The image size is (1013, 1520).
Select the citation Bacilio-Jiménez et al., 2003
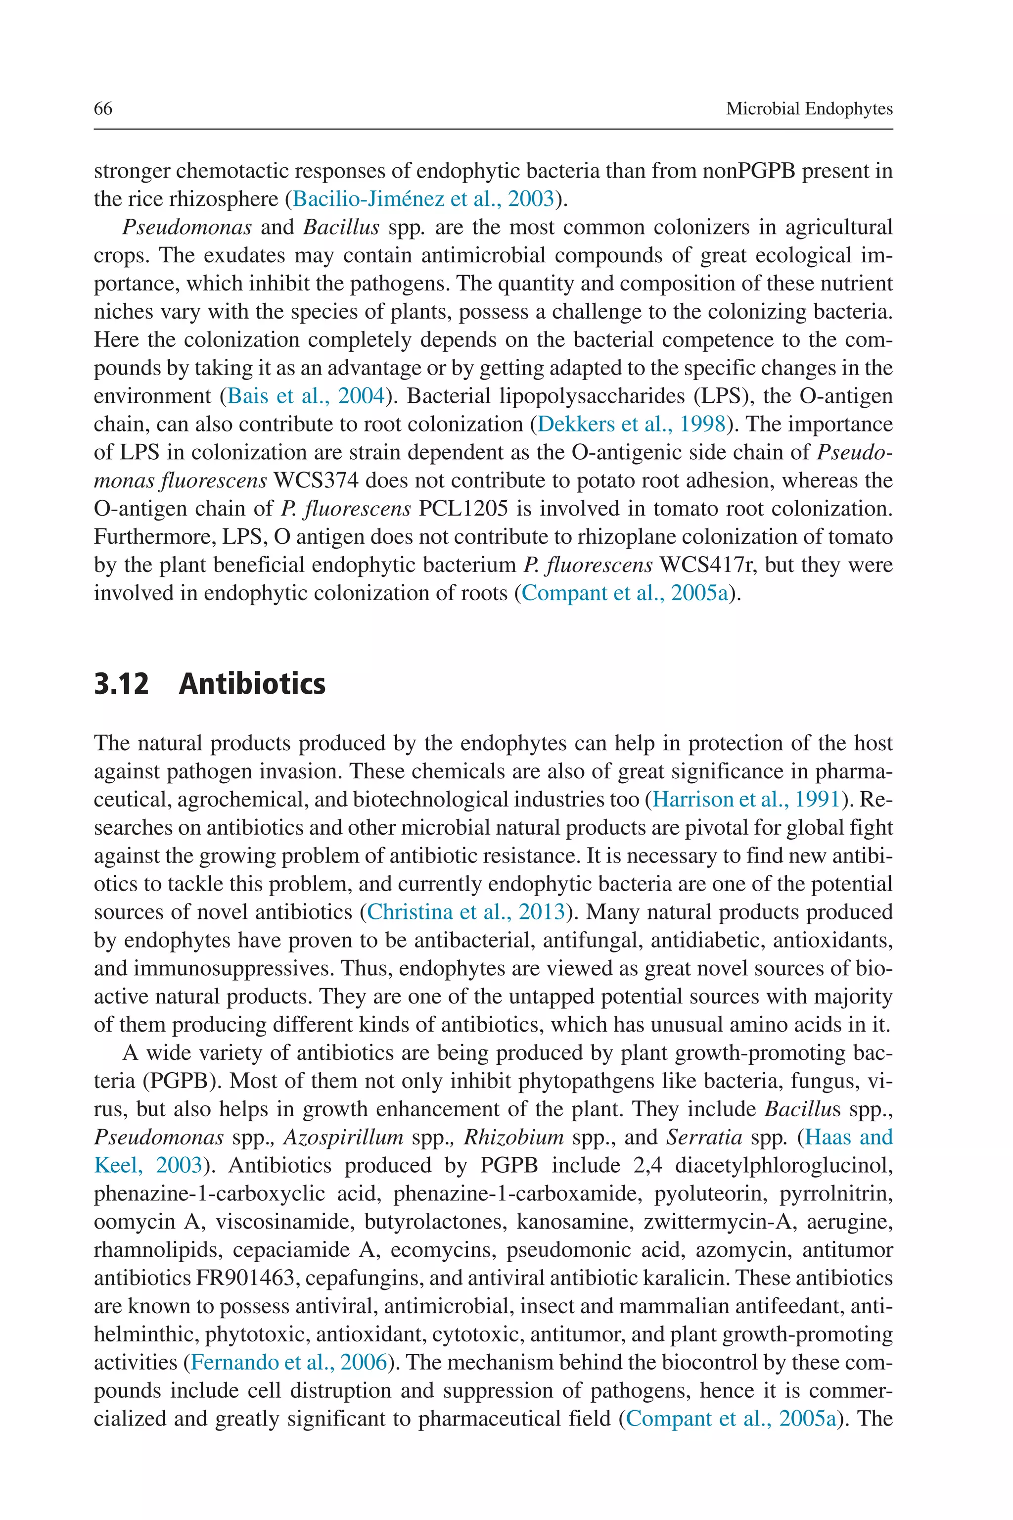pos(424,198)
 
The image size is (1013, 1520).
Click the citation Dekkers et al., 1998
pos(631,424)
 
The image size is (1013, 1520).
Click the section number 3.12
pos(122,684)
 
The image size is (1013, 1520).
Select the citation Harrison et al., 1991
pos(746,800)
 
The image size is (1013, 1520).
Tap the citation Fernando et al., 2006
pos(289,1362)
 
